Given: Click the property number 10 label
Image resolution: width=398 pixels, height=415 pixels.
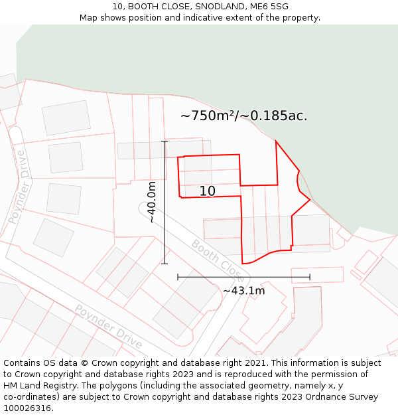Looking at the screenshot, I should point(207,191).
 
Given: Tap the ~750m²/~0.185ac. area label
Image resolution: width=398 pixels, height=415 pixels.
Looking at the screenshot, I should point(243,116).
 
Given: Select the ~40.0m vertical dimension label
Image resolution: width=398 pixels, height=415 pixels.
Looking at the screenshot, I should point(152,202).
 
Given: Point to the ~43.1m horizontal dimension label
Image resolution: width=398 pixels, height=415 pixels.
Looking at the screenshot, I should point(243,291).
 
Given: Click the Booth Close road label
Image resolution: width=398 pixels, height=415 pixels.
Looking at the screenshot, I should point(217,258).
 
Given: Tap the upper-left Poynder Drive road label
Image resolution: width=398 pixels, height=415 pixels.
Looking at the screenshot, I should point(19,187).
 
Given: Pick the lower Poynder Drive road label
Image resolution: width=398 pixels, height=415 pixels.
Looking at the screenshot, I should point(108,326).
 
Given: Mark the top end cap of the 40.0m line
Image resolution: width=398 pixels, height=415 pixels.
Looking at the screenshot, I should point(165,141).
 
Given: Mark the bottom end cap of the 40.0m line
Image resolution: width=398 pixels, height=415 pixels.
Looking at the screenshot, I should point(165,264).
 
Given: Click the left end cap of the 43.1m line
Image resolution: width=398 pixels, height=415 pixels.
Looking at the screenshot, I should point(178,277).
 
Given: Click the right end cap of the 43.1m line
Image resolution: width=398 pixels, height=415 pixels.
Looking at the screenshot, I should point(310,277).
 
